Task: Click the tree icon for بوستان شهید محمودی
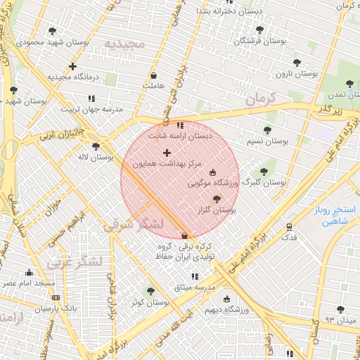tap(53, 31)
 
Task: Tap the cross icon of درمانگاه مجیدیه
tap(72, 66)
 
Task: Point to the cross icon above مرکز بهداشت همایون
tap(167, 153)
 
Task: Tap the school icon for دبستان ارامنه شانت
tap(180, 126)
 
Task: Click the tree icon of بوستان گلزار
tap(216, 200)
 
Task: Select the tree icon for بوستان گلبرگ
tap(264, 171)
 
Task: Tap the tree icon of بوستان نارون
tap(296, 63)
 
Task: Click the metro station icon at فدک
tap(289, 227)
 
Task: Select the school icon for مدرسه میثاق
tap(195, 277)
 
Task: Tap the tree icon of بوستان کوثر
tap(150, 291)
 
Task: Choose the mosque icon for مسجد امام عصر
tap(29, 273)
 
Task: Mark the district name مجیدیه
tap(124, 44)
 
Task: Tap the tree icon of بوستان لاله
tap(96, 146)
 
